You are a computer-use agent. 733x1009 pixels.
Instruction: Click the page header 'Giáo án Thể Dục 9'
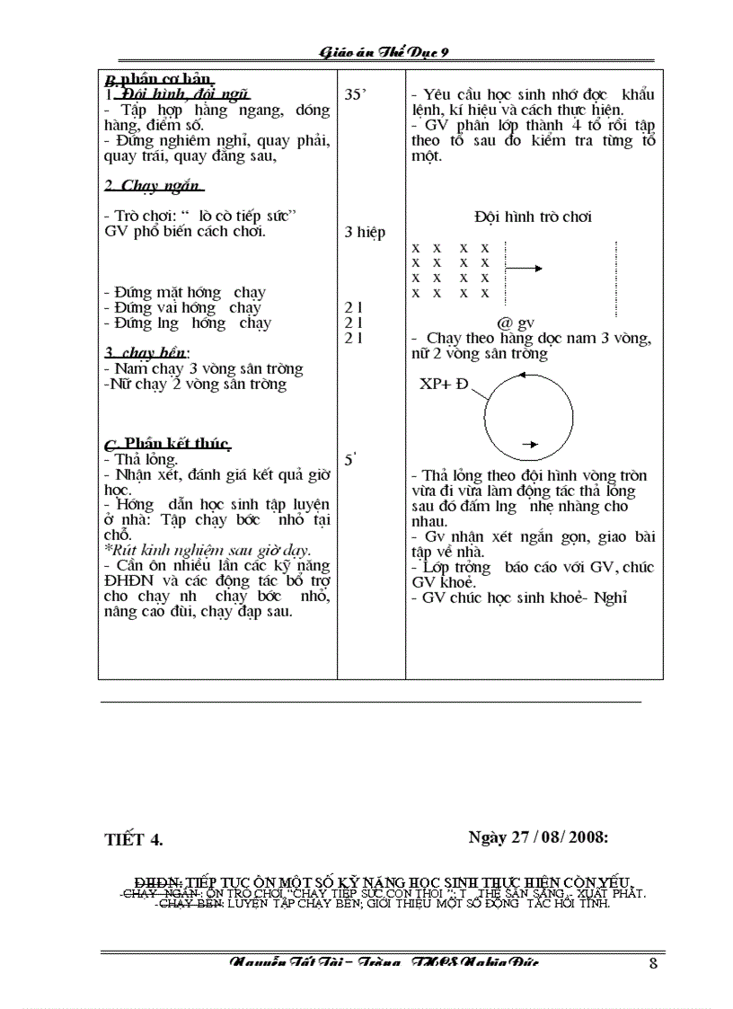click(x=384, y=52)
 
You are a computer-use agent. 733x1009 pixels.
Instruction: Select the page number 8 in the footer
click(x=653, y=964)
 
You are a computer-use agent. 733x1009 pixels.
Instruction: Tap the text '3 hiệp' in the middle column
click(x=365, y=233)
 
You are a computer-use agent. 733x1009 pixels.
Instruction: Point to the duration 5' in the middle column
click(x=351, y=460)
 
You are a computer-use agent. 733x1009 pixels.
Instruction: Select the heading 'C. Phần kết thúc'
click(x=168, y=444)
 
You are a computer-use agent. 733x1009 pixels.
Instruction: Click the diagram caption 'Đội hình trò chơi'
click(x=533, y=217)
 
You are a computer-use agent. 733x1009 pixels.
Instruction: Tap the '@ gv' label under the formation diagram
click(x=515, y=323)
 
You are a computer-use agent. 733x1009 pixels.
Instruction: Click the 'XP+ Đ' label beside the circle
click(x=444, y=385)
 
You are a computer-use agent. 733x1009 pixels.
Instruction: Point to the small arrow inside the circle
click(x=529, y=444)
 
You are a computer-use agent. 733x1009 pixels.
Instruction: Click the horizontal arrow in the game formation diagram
click(x=525, y=268)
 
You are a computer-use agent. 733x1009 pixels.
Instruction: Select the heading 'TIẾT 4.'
click(x=134, y=840)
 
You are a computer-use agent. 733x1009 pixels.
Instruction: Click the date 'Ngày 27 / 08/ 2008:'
click(x=539, y=837)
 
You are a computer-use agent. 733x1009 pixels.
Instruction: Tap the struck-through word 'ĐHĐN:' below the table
click(x=158, y=882)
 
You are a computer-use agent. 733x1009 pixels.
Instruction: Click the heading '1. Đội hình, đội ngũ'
click(x=175, y=94)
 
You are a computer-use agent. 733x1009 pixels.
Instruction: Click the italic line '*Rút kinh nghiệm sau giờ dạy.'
click(x=207, y=550)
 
